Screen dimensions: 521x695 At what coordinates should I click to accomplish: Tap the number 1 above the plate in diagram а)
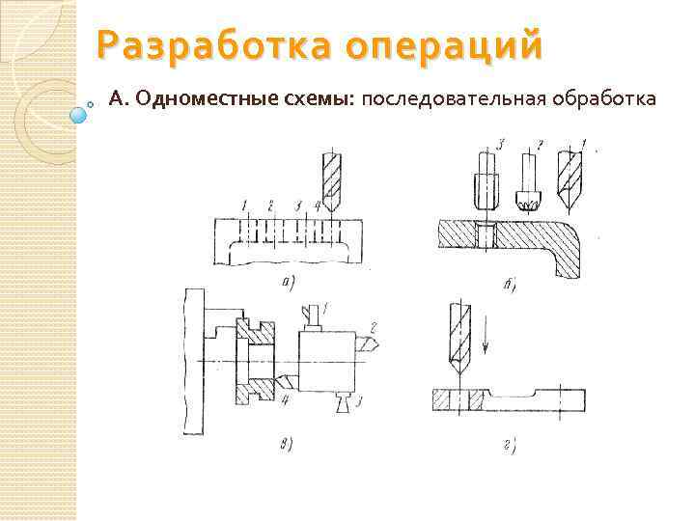[x=246, y=206]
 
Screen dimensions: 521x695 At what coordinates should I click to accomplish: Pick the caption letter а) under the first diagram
[x=287, y=282]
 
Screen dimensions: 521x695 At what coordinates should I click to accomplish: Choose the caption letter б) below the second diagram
[x=512, y=285]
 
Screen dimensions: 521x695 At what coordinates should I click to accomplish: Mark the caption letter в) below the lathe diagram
[x=286, y=444]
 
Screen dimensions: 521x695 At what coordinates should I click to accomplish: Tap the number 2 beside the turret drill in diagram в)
[x=373, y=328]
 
